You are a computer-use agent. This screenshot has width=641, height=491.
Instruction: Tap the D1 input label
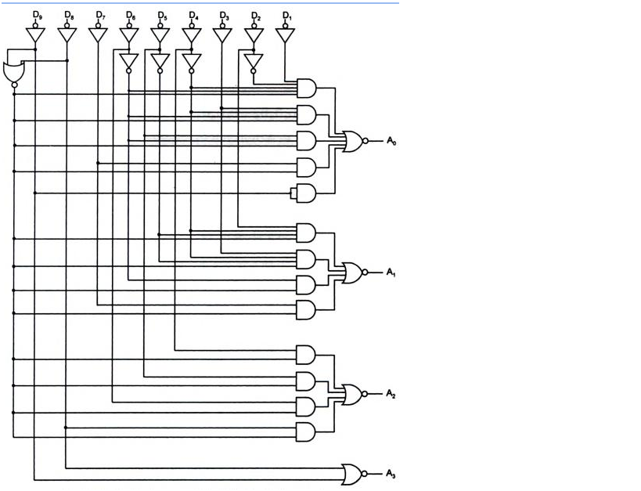pos(286,16)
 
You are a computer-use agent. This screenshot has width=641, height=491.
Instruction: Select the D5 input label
pos(162,16)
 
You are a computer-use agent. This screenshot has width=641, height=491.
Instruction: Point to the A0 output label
pos(391,141)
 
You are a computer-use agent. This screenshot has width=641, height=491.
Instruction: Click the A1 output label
pos(391,273)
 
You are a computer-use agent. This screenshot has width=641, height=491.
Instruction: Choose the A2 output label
pos(391,395)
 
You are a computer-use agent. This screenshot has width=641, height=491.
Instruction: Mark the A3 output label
pos(391,474)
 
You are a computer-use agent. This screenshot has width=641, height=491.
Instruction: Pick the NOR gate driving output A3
pos(352,474)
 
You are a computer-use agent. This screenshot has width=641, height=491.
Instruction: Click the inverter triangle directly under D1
pos(285,35)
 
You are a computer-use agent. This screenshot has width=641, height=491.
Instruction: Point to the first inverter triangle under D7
pos(98,35)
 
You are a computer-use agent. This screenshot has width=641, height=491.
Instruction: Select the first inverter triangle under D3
pos(222,35)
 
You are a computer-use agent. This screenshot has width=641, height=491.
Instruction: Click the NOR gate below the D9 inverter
pos(13,73)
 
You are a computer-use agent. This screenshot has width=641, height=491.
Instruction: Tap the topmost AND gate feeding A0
pos(305,88)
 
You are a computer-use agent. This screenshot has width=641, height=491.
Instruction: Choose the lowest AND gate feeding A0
pos(305,193)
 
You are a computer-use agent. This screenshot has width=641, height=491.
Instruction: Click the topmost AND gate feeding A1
pos(305,233)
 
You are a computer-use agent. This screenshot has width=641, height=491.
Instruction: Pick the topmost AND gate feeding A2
pos(305,355)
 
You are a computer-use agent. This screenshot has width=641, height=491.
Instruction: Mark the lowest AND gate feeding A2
pos(305,431)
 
